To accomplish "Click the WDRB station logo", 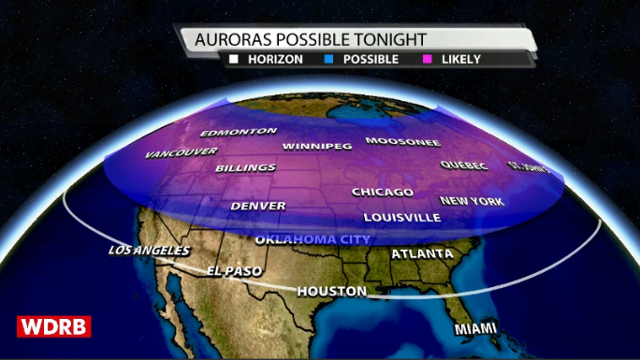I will pyautogui.click(x=53, y=326).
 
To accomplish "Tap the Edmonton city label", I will pyautogui.click(x=239, y=132).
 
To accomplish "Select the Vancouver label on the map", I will pyautogui.click(x=182, y=152).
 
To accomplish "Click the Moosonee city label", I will pyautogui.click(x=402, y=142).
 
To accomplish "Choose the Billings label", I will pyautogui.click(x=245, y=168).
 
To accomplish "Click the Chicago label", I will pyautogui.click(x=382, y=192).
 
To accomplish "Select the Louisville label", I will pyautogui.click(x=401, y=217).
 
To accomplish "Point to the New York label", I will pyautogui.click(x=473, y=201).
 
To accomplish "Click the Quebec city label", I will pyautogui.click(x=464, y=166).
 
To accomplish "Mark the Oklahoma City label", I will pyautogui.click(x=313, y=239).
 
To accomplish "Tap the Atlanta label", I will pyautogui.click(x=422, y=253).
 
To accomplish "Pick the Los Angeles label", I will pyautogui.click(x=149, y=251).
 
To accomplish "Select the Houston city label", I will pyautogui.click(x=331, y=292).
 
